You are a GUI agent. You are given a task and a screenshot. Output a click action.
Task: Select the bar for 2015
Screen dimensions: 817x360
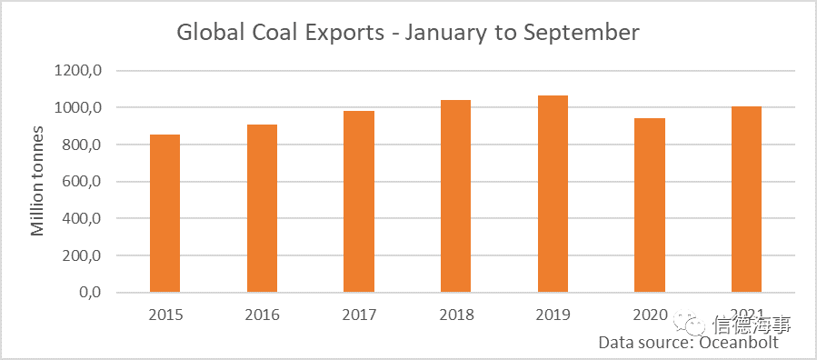coord(164,213)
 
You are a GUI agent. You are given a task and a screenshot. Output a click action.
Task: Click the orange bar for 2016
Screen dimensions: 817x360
coord(262,208)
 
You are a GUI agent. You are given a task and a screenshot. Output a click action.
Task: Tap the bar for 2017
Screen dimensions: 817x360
coord(359,201)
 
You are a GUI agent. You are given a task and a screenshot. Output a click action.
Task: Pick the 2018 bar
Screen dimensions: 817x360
coord(456,195)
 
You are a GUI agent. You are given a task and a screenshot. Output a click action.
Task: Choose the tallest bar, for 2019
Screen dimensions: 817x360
coord(553,194)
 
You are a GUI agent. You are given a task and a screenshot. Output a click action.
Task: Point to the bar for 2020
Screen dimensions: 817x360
coord(650,205)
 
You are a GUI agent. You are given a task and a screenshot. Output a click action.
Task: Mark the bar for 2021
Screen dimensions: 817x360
coord(747,199)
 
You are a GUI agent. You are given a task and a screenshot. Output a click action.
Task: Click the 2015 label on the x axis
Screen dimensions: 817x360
coord(164,315)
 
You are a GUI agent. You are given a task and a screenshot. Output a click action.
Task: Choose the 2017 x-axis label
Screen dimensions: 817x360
coord(359,315)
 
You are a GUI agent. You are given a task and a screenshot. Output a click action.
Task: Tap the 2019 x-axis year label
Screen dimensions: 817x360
coord(553,315)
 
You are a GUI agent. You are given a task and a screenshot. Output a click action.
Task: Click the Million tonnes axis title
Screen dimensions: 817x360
coord(37,181)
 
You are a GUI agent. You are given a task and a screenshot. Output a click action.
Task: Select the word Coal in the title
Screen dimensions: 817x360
coord(282,33)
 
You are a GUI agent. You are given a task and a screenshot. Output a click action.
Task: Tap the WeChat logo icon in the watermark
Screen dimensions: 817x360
coord(689,325)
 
